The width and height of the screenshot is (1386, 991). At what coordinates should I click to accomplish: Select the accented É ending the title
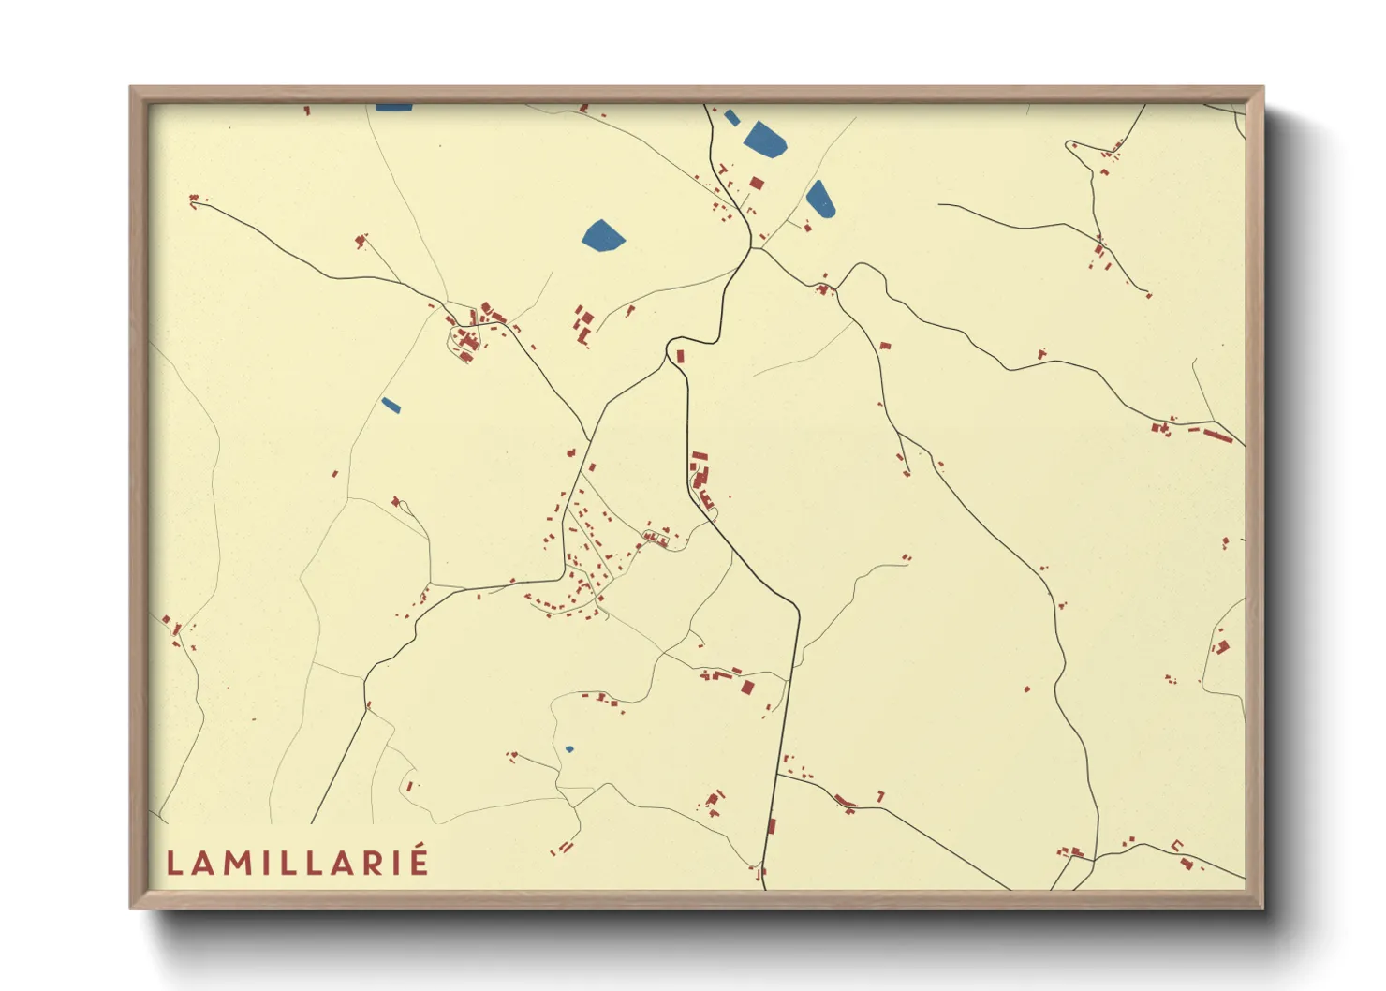418,861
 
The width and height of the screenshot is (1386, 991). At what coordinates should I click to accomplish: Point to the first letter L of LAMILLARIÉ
174,863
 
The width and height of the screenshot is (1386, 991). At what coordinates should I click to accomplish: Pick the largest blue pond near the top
766,139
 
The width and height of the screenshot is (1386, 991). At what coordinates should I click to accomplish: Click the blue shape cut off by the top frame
393,107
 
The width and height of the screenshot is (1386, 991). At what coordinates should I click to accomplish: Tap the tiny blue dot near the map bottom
568,749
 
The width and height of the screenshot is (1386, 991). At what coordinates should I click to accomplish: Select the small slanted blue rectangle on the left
391,406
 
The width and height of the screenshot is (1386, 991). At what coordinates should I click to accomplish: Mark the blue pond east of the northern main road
820,199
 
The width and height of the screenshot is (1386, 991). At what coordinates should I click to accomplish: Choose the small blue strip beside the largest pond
731,117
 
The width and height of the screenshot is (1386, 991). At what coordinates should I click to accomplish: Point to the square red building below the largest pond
757,183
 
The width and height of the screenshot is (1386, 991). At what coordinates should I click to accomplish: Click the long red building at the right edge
1217,436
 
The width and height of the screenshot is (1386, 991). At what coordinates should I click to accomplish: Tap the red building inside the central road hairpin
681,356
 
